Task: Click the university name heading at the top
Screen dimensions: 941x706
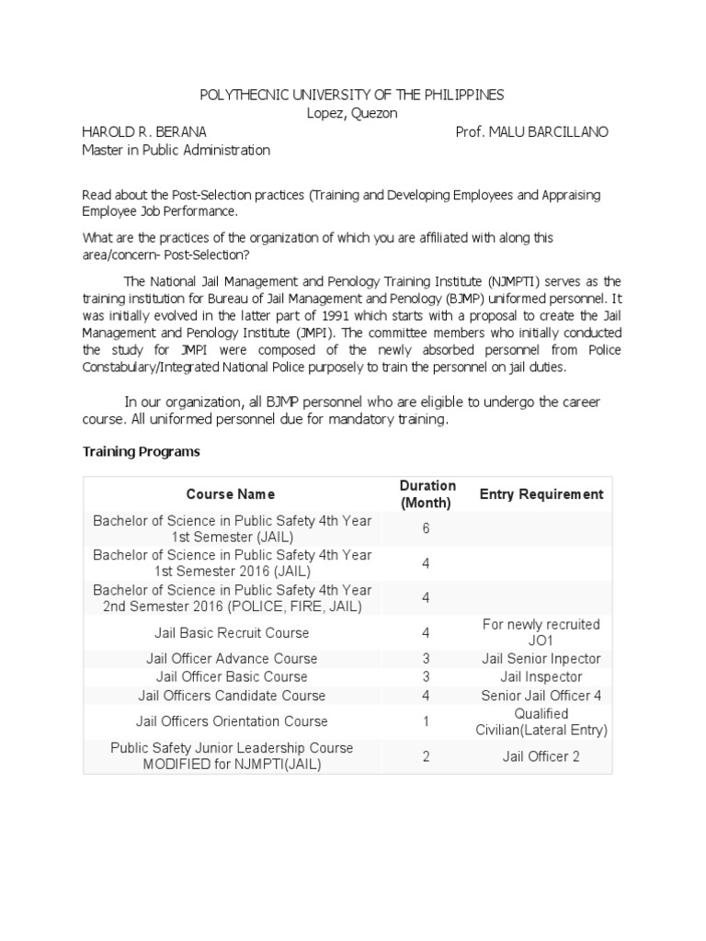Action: tap(353, 96)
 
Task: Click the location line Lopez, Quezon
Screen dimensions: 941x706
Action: tap(353, 114)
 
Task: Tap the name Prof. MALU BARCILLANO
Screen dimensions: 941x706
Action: tap(531, 131)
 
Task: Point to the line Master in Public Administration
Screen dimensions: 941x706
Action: tap(176, 150)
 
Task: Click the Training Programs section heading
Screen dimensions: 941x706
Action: tap(142, 452)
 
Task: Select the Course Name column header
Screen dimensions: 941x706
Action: tap(231, 494)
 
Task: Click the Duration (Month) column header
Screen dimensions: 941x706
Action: tap(427, 494)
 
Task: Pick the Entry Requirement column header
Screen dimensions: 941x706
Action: tap(541, 494)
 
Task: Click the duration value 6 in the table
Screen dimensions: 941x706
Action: tap(427, 528)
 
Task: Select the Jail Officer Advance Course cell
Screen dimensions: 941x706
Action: tap(232, 659)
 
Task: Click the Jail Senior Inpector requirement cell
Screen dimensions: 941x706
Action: tap(541, 659)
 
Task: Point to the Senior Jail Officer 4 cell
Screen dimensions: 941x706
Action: tap(541, 696)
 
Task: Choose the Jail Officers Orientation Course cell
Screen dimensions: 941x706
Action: tap(232, 721)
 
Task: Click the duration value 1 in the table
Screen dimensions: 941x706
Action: tap(427, 721)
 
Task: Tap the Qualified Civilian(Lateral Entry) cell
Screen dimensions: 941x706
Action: tap(541, 721)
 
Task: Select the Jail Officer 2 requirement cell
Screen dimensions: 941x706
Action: tap(541, 756)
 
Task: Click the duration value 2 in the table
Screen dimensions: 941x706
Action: tap(427, 756)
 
